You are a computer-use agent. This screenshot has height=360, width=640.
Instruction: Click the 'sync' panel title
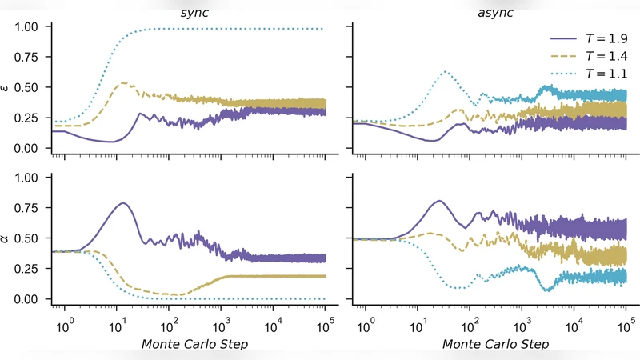190,14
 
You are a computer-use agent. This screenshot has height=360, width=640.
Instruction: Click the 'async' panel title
490,14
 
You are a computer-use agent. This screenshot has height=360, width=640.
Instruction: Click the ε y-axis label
9,88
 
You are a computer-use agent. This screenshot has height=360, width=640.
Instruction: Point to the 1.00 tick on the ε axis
31,26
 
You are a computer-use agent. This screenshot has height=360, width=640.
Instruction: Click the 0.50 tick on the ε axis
31,88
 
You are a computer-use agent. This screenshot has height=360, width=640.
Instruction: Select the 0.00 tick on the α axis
31,299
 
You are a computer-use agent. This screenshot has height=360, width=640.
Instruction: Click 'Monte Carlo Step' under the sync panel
190,345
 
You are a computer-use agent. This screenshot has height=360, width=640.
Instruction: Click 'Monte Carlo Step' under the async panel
490,345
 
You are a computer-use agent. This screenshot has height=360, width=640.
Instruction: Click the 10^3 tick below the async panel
522,327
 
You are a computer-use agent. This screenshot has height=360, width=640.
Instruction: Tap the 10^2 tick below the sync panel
170,327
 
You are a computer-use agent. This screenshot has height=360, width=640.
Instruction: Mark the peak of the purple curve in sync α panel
122,202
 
